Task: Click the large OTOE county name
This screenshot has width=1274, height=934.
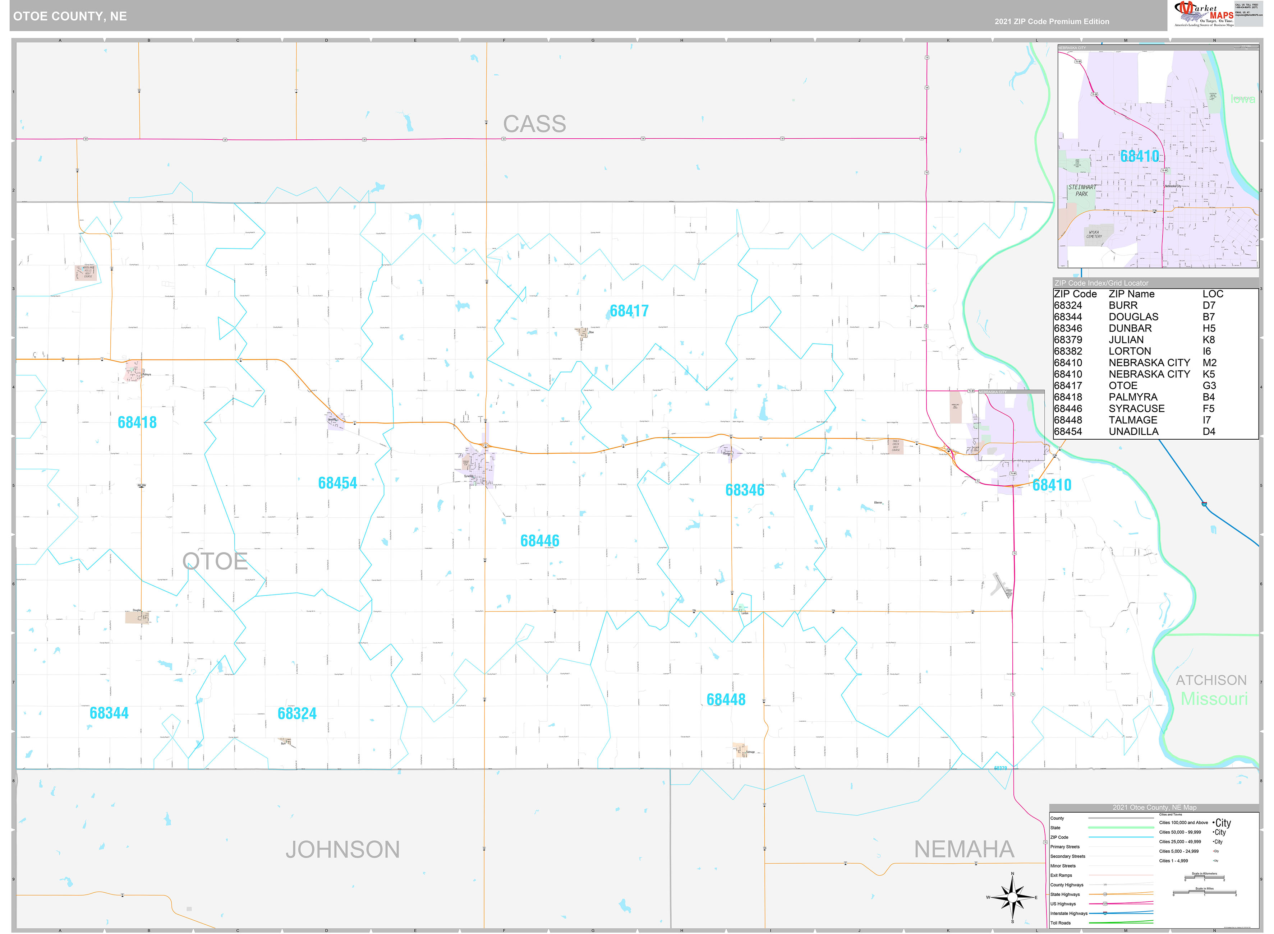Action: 215,561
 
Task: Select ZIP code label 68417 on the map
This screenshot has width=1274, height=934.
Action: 629,311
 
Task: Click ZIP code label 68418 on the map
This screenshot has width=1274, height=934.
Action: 137,422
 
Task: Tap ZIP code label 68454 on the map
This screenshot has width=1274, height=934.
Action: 337,483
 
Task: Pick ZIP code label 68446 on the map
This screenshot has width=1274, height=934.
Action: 539,541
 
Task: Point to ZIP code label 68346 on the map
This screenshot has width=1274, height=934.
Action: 744,490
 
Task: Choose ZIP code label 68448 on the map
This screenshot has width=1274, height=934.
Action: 726,700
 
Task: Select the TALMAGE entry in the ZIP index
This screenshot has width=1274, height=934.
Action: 1133,420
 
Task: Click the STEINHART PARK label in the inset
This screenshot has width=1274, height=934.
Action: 1082,190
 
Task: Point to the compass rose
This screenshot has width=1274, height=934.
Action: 1012,897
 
